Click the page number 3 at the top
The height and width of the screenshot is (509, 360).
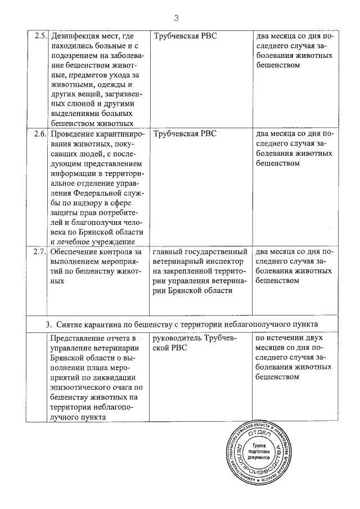(x=176, y=18)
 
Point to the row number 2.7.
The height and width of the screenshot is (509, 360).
(x=39, y=251)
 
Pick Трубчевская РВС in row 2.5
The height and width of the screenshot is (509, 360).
(x=185, y=36)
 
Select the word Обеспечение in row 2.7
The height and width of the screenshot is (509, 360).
(x=77, y=251)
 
